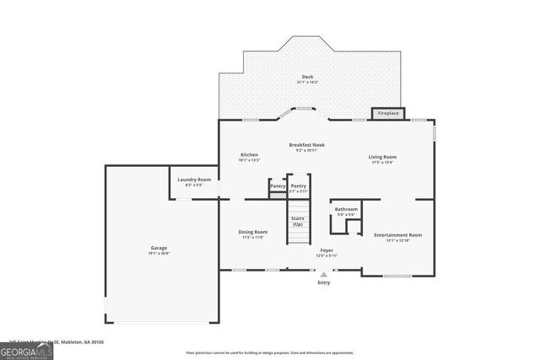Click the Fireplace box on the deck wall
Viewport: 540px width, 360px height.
388,113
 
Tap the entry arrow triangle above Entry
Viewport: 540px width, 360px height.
324,274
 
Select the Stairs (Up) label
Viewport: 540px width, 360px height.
298,222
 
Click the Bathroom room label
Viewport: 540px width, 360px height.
346,209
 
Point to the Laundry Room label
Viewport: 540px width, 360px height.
194,180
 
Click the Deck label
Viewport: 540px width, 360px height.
307,77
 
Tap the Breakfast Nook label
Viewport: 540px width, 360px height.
306,144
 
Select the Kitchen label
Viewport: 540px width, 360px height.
249,154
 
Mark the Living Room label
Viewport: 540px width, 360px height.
382,157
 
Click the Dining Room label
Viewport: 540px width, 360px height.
253,232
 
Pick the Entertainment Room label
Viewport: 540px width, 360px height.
397,235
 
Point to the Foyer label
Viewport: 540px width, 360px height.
326,250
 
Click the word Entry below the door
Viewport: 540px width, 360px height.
324,282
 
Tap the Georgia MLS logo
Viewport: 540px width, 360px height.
26,348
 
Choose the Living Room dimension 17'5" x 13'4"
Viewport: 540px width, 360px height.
382,163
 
